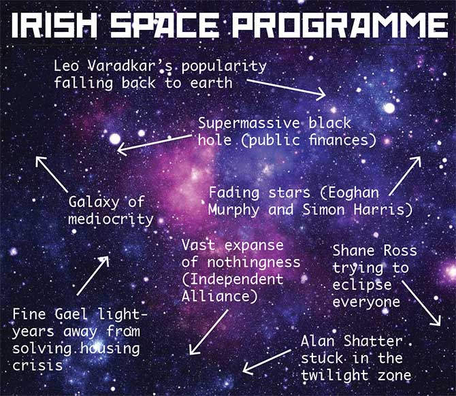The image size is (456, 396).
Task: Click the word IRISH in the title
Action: (54, 25)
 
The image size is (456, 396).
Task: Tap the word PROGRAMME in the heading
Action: (340, 25)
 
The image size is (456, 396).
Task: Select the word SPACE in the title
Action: (165, 25)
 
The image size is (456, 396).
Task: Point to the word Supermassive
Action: (249, 124)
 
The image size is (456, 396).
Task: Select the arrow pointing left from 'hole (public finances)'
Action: (154, 144)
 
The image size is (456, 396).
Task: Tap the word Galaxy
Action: (94, 202)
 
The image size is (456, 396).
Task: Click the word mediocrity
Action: (111, 219)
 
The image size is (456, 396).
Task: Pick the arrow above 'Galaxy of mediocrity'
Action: (52, 174)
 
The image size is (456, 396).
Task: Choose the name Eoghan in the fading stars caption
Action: (354, 193)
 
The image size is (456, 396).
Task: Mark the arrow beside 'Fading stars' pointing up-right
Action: (405, 176)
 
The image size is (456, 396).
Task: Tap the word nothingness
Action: (254, 263)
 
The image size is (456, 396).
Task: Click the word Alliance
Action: (216, 297)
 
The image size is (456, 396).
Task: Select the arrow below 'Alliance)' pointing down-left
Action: (208, 332)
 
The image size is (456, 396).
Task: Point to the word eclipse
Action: (362, 285)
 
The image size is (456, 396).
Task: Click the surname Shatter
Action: (373, 341)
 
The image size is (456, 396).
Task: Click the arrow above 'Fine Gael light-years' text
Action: (93, 276)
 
